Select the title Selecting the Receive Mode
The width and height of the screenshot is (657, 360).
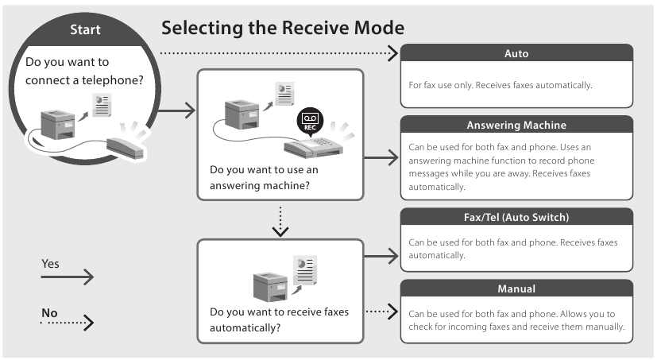283,28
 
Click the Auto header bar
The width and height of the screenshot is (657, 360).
516,53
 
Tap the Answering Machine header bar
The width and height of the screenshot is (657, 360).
516,126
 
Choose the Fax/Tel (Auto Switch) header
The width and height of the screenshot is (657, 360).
516,217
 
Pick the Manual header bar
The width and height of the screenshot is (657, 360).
516,288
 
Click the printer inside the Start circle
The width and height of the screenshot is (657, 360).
59,123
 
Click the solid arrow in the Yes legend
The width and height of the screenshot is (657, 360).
68,277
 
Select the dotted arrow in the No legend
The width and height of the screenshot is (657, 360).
68,323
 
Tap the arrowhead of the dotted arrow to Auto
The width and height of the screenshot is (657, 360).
392,54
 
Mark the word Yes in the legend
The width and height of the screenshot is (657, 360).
50,263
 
